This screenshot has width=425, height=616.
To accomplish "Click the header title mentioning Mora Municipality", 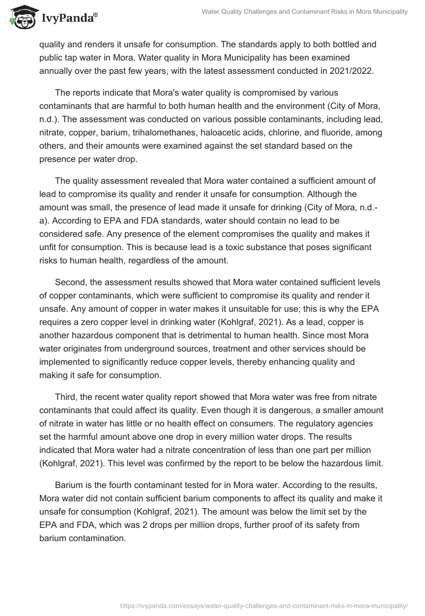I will click(304, 12).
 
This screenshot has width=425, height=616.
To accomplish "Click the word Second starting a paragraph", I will click(72, 283).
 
